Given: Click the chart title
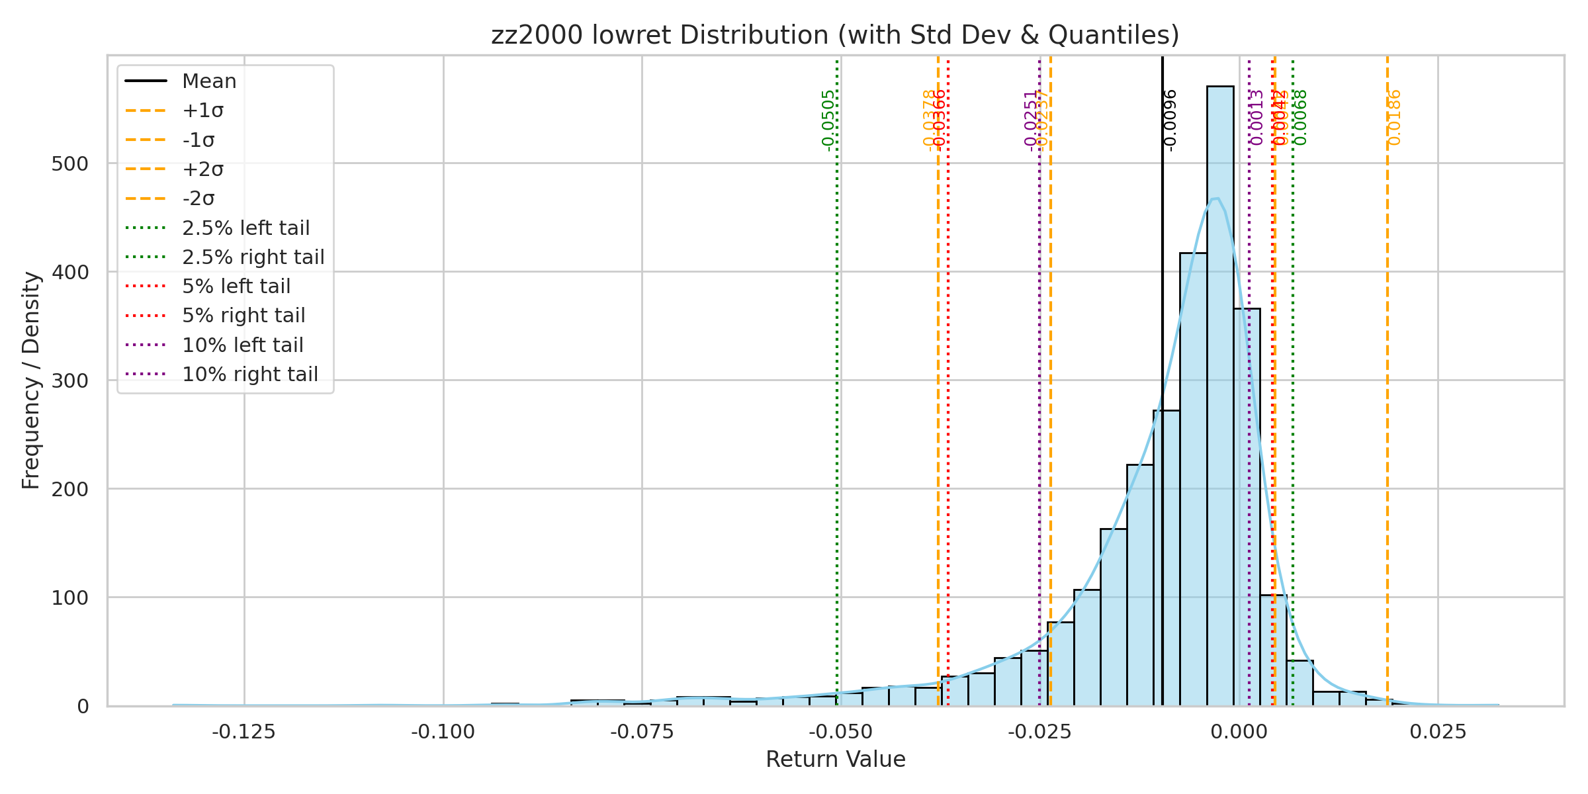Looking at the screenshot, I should coord(835,35).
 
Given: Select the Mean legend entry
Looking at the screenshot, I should coord(209,81).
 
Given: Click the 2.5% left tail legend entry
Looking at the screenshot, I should coord(245,228).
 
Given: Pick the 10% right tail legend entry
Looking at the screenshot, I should coord(250,375).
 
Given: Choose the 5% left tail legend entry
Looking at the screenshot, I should coord(236,287).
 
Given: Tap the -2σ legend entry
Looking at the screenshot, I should coord(198,198).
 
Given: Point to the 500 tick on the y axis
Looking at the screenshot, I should coord(69,164).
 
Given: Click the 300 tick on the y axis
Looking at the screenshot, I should coord(69,381).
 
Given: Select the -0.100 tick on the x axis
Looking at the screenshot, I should coord(443,732).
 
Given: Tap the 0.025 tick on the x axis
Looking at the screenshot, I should coord(1438,732).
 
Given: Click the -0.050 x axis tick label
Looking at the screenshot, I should coord(840,732).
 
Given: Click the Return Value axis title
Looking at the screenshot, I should coord(835,759).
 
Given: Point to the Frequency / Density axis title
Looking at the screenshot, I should coord(31,380).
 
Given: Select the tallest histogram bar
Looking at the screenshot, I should coord(1219,397).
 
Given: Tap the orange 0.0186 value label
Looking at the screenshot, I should coord(1394,117).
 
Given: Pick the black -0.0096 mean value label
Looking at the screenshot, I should coord(1170,120).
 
